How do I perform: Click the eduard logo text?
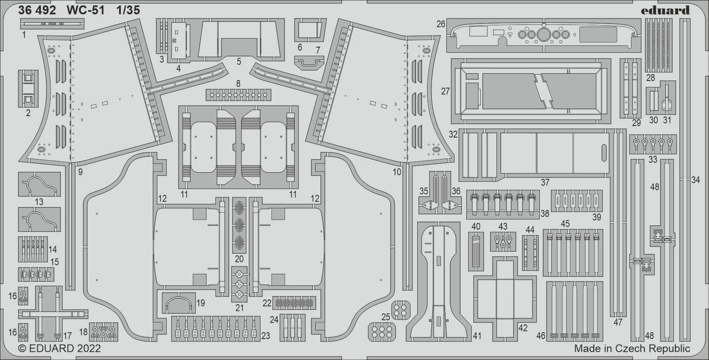[665, 10]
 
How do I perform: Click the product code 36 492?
[37, 10]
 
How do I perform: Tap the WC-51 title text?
[85, 10]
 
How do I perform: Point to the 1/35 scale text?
[128, 10]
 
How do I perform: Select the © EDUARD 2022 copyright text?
[60, 348]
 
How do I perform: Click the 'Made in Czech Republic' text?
[632, 348]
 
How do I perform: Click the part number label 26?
[440, 24]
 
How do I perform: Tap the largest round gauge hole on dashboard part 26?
[544, 34]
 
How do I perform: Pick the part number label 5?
[239, 61]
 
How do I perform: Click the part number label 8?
[238, 84]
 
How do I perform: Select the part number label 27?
[445, 91]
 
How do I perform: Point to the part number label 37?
[545, 183]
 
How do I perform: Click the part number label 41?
[477, 336]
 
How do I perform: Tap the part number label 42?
[523, 328]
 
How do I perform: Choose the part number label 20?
[239, 259]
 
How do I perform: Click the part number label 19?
[200, 303]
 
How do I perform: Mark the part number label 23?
[266, 336]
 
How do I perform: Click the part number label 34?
[695, 180]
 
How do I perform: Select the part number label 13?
[39, 202]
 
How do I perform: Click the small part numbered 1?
[52, 24]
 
